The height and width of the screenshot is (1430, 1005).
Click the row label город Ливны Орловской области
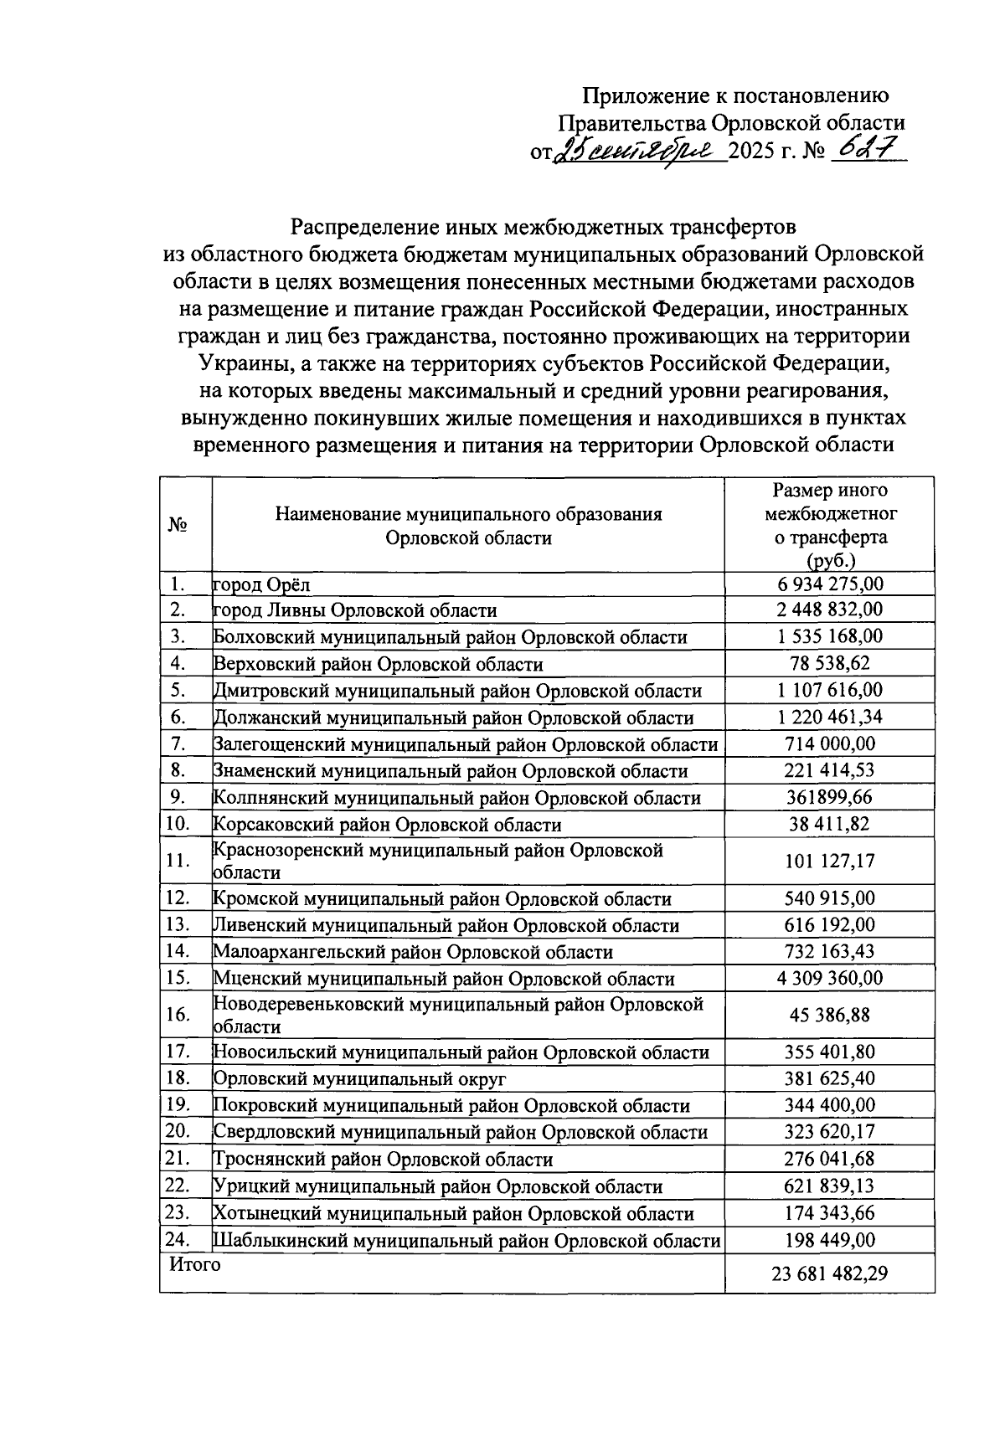click(x=355, y=610)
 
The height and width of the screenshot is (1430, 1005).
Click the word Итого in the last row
click(x=195, y=1264)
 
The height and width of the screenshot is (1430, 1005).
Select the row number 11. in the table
click(x=178, y=861)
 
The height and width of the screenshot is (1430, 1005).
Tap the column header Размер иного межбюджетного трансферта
click(x=829, y=525)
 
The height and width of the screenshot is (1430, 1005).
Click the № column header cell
click(x=178, y=525)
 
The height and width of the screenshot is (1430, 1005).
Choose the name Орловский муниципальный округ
click(x=360, y=1079)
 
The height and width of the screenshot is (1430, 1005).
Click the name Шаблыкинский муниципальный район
click(x=467, y=1241)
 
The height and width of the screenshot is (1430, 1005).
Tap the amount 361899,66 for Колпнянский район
click(x=829, y=797)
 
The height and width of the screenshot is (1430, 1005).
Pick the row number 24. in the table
click(x=178, y=1240)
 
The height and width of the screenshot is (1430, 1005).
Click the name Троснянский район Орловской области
click(x=384, y=1160)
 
